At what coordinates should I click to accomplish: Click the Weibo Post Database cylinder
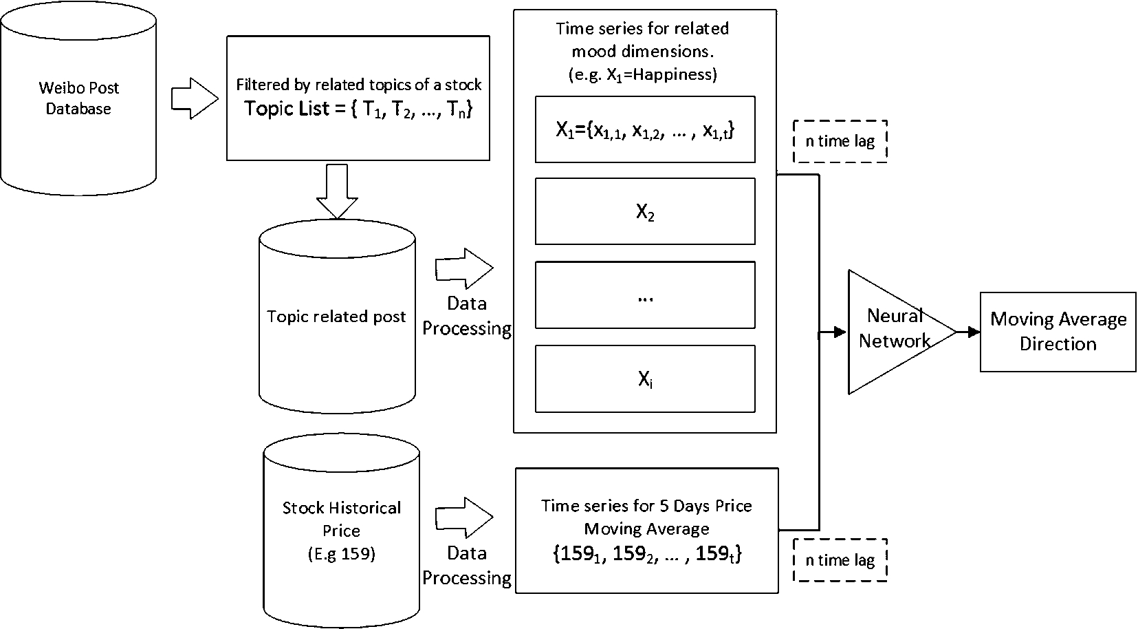coord(78,98)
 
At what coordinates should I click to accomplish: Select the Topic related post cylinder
coord(337,317)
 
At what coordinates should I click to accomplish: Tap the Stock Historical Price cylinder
coord(341,530)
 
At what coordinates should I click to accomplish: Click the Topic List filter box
coord(358,98)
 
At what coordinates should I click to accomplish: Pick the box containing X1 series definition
coord(645,129)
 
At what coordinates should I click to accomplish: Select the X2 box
coord(645,211)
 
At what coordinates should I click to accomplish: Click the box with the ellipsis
coord(645,295)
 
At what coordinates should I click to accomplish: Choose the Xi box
coord(645,379)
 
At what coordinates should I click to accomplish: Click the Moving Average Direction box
coord(1058,332)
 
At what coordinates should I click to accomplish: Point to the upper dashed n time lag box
coord(840,142)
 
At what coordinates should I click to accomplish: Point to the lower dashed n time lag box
coord(840,560)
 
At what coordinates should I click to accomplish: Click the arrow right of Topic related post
coord(464,268)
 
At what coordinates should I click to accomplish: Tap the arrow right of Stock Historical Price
coord(464,517)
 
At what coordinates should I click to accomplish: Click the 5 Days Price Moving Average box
coord(646,530)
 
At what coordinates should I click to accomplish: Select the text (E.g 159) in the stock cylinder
coord(341,554)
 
